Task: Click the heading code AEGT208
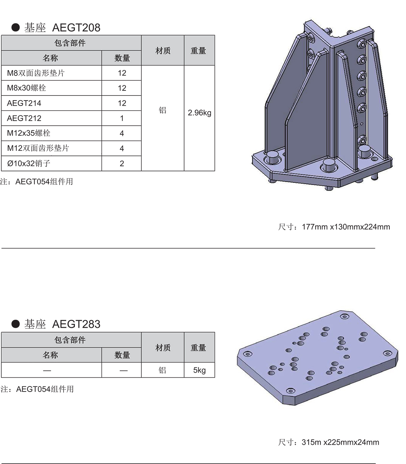[76, 28]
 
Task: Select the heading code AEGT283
[76, 324]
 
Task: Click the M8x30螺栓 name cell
[51, 88]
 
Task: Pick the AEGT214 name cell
[51, 103]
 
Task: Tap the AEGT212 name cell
[51, 118]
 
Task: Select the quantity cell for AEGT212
[122, 118]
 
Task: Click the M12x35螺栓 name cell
[51, 133]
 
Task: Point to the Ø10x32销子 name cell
[51, 163]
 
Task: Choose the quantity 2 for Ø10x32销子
[122, 163]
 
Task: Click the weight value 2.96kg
[199, 113]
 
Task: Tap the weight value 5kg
[199, 370]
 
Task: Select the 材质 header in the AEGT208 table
[163, 50]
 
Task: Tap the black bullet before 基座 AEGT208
[16, 28]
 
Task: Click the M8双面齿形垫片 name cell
[51, 73]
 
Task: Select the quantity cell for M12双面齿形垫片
[122, 148]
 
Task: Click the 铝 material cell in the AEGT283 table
[163, 370]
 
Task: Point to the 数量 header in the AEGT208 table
[122, 58]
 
